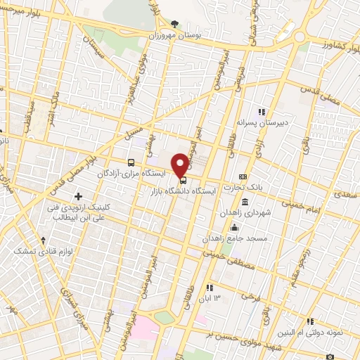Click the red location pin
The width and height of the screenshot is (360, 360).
click(x=181, y=165)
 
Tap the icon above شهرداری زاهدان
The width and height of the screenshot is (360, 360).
click(x=243, y=202)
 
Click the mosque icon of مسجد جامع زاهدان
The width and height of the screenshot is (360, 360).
click(x=234, y=228)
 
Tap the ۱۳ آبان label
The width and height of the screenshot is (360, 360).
click(x=214, y=300)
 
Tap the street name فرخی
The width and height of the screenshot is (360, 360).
click(x=251, y=297)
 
